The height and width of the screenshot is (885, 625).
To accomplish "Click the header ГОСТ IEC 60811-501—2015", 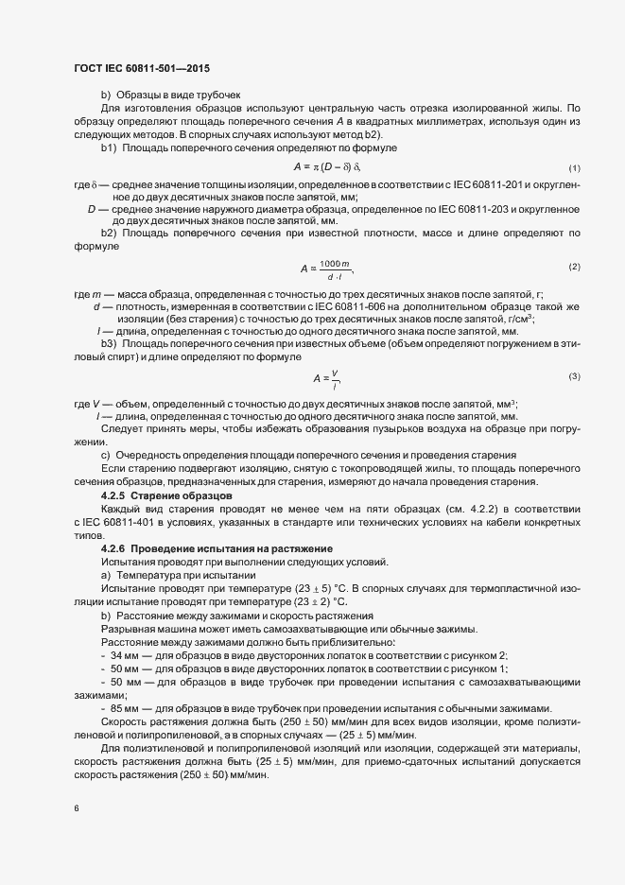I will [141, 68].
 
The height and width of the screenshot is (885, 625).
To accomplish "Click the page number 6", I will [77, 808].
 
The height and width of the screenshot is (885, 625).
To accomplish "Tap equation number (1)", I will [574, 167].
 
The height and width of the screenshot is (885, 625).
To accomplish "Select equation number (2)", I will [574, 267].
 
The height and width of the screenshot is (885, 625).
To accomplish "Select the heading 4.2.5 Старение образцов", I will [162, 495].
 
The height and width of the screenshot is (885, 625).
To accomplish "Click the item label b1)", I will [108, 147].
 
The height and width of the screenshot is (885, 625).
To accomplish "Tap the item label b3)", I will [108, 344].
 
